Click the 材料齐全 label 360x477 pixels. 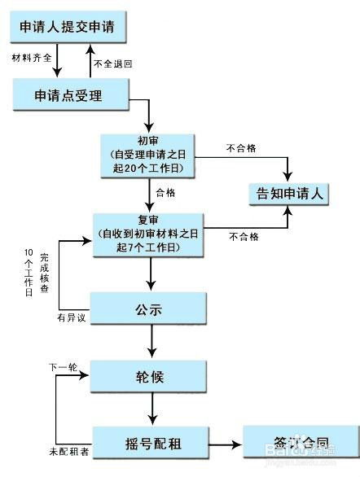(x=33, y=58)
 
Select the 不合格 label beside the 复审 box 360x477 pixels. (x=244, y=236)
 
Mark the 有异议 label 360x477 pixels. (x=71, y=317)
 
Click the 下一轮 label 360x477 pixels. (x=63, y=368)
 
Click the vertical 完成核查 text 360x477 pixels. (x=44, y=274)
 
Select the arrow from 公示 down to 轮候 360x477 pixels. (x=151, y=344)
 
